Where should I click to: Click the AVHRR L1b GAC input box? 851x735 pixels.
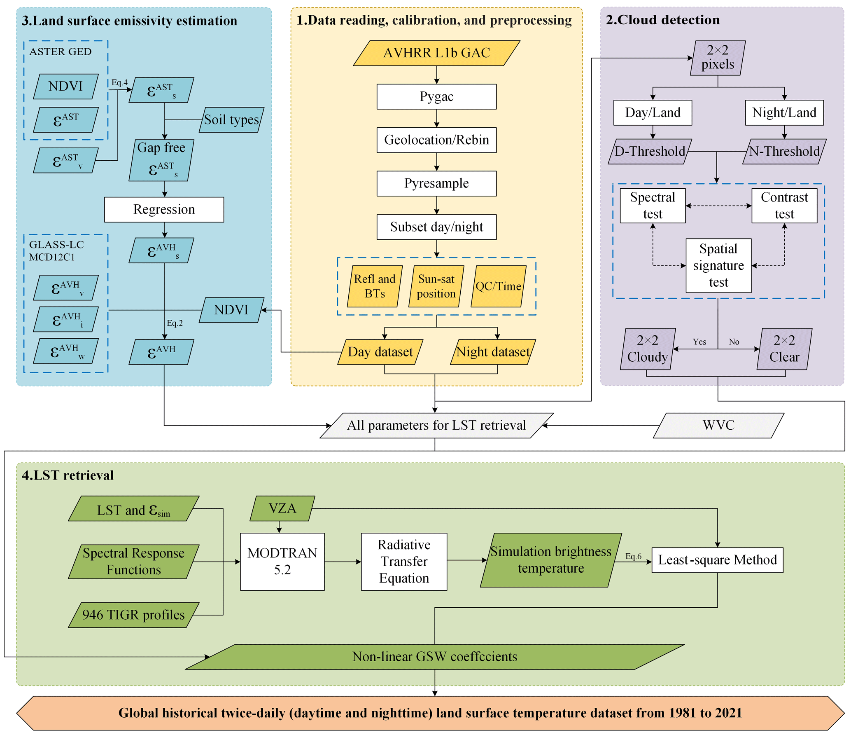[x=436, y=53]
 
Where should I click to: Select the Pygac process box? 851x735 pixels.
[x=436, y=97]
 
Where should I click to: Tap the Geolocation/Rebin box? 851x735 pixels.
[x=436, y=140]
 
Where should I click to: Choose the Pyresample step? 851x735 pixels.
[x=436, y=183]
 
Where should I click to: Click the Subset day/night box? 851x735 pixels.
[x=436, y=227]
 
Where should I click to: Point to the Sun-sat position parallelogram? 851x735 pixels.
[x=436, y=286]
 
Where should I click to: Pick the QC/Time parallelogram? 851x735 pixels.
[x=498, y=286]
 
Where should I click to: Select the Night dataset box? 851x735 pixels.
[x=493, y=352]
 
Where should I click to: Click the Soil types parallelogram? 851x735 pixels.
[x=231, y=120]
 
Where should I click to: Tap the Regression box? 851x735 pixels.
[x=164, y=210]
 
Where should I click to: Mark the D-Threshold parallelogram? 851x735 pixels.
[x=650, y=152]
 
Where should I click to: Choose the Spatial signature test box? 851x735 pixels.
[x=718, y=266]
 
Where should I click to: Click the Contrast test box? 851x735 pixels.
[x=784, y=206]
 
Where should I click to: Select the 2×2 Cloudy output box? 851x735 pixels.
[x=648, y=349]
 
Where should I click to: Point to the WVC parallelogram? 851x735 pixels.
[x=718, y=425]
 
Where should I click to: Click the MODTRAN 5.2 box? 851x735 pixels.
[x=282, y=562]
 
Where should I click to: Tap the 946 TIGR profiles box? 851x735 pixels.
[x=133, y=615]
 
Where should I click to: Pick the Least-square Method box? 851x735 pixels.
[x=717, y=560]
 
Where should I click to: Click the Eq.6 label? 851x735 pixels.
[x=633, y=556]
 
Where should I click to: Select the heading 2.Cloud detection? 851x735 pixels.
[x=663, y=20]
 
